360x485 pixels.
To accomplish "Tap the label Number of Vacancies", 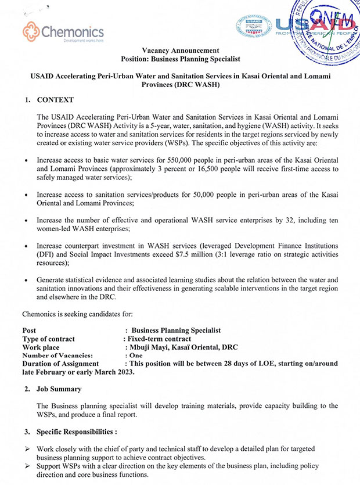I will (x=57, y=355).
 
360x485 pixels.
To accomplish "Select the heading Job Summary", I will (x=59, y=389).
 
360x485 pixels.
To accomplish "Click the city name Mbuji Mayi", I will (x=149, y=347).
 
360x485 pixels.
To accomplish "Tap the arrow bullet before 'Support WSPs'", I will (x=26, y=466).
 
